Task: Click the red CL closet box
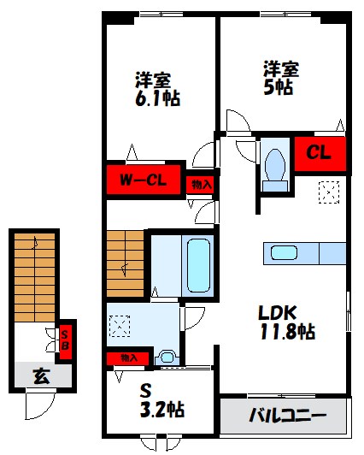[x=319, y=153]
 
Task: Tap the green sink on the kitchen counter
[x=283, y=252]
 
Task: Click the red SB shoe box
[x=63, y=341]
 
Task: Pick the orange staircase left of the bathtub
[x=126, y=263]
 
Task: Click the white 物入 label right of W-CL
[x=202, y=183]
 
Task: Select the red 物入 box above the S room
[x=127, y=357]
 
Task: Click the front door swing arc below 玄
[x=38, y=406]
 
